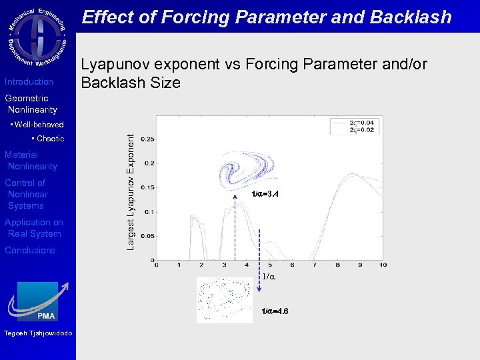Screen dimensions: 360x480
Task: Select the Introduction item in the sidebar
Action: (x=29, y=82)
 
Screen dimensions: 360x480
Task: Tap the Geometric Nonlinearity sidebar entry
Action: (x=31, y=104)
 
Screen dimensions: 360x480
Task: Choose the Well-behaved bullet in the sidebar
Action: (x=37, y=125)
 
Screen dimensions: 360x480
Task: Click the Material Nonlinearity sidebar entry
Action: (x=31, y=161)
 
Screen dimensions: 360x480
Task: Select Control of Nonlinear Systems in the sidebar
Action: (x=27, y=194)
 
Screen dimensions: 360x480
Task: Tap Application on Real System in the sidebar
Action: (x=33, y=228)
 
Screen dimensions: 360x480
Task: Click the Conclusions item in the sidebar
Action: (x=30, y=251)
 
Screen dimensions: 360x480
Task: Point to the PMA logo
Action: (x=37, y=301)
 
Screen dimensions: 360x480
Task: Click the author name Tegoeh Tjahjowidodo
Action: (x=38, y=333)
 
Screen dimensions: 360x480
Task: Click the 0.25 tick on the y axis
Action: (x=147, y=139)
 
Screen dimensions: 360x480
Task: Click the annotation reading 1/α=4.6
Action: (x=275, y=311)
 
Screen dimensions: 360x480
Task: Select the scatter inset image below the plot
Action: (x=225, y=300)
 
